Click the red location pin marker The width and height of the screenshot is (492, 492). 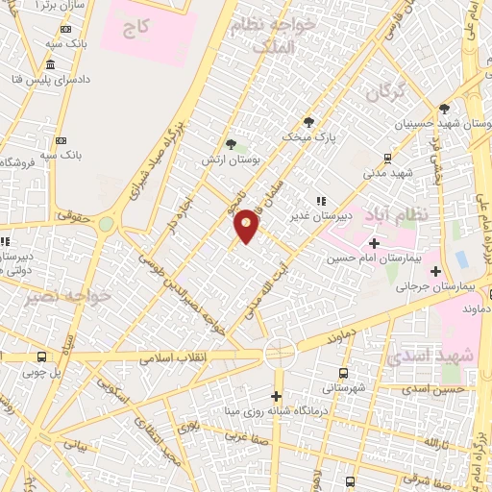point(247,225)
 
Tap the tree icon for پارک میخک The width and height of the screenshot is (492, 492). point(308,122)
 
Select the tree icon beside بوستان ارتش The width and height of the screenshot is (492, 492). point(231,144)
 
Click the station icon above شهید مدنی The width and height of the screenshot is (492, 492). point(387,158)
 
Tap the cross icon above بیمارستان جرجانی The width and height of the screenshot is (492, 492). point(434,272)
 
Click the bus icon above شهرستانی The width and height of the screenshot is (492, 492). point(343,374)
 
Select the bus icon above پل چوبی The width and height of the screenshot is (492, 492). point(41,357)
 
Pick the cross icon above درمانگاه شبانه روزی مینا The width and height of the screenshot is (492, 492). point(277,397)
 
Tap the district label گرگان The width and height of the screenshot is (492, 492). point(385,93)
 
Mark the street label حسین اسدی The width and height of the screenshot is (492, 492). point(434,389)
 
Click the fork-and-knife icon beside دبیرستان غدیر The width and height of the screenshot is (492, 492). point(320,201)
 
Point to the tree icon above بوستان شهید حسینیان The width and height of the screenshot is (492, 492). point(443,109)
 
